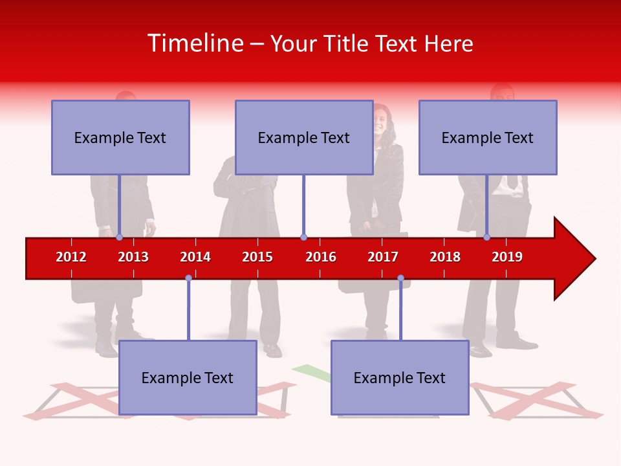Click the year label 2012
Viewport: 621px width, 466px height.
pyautogui.click(x=71, y=257)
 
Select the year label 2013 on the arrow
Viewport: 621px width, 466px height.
pyautogui.click(x=133, y=257)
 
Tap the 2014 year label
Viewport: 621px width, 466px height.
pyautogui.click(x=195, y=257)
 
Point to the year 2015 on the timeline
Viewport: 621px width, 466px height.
pyautogui.click(x=257, y=257)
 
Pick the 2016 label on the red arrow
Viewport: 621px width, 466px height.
pyautogui.click(x=321, y=257)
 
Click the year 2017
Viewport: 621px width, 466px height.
pyautogui.click(x=383, y=257)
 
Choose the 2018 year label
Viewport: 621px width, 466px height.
pyautogui.click(x=445, y=257)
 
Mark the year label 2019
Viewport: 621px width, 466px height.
pyautogui.click(x=507, y=257)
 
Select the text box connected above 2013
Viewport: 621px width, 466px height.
pyautogui.click(x=120, y=137)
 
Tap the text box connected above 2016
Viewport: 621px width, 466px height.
pyautogui.click(x=304, y=137)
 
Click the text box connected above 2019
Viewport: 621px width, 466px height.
pyautogui.click(x=488, y=137)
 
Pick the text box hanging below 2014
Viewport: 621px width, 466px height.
pyautogui.click(x=188, y=377)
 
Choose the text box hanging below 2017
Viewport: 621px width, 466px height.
pyautogui.click(x=400, y=377)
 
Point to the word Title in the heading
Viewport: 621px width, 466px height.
pyautogui.click(x=348, y=43)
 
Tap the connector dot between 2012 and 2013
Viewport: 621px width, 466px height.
pyautogui.click(x=120, y=238)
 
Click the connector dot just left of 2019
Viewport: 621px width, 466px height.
pyautogui.click(x=487, y=238)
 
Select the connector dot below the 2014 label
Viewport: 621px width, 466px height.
pyautogui.click(x=188, y=278)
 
